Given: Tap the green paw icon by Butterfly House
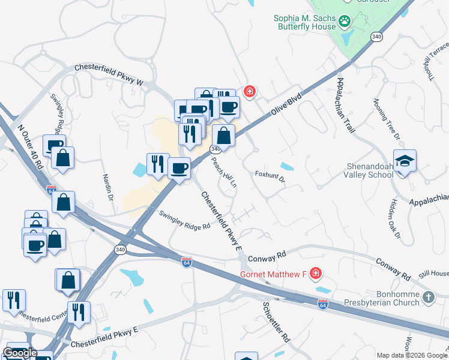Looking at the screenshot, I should (x=345, y=22).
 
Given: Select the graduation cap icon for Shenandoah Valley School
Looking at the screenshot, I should (x=405, y=161).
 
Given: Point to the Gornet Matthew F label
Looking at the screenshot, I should (x=273, y=274).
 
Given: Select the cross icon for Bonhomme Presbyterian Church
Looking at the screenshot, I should (x=428, y=297).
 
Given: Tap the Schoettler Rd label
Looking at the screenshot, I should (x=276, y=321).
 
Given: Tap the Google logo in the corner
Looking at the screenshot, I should (x=20, y=353).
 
